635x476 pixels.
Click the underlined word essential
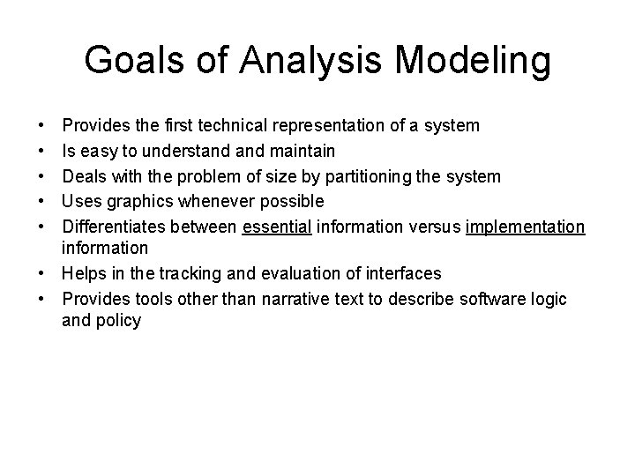pyautogui.click(x=277, y=227)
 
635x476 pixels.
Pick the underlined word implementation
pyautogui.click(x=525, y=227)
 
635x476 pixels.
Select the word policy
pyautogui.click(x=120, y=321)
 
